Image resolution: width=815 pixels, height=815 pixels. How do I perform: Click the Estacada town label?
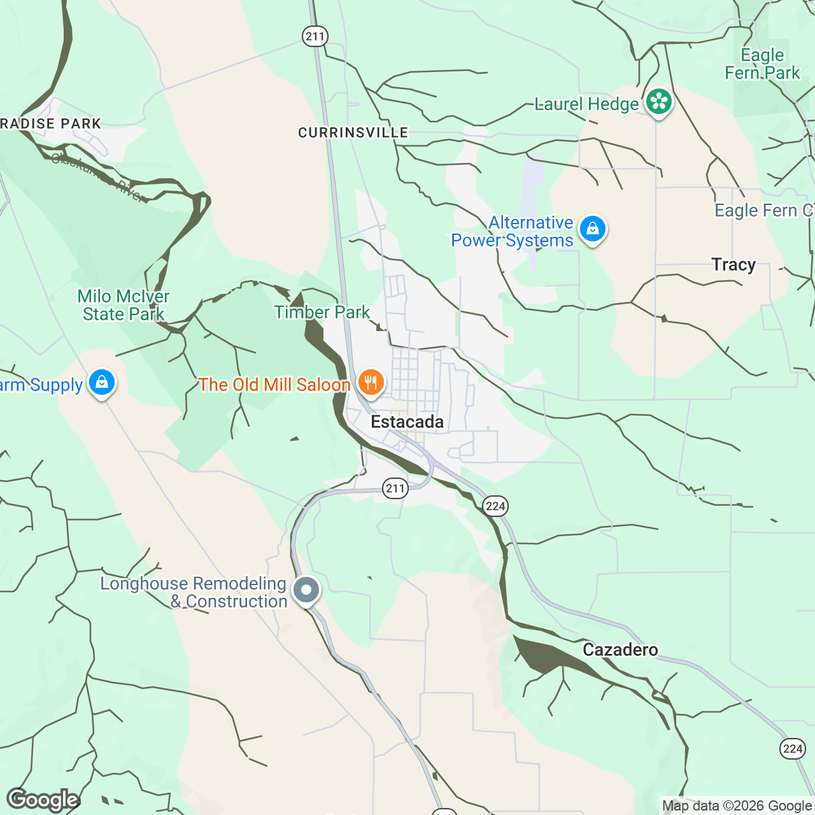click(x=407, y=422)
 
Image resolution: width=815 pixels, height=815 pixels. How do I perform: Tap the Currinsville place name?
click(x=353, y=132)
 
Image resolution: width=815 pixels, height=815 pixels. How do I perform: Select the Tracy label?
click(x=733, y=265)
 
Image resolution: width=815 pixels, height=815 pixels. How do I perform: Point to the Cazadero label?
click(x=620, y=650)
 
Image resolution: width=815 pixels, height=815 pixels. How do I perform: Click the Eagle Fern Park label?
click(x=762, y=64)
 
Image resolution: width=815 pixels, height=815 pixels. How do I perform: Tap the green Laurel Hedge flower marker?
click(x=658, y=102)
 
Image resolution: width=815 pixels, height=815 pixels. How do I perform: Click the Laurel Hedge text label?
click(x=586, y=104)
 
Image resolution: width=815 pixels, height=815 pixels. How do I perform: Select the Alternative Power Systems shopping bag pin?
click(x=592, y=228)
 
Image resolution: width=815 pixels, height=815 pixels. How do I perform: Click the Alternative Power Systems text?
click(x=513, y=232)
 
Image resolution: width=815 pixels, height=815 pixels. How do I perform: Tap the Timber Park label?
click(x=322, y=312)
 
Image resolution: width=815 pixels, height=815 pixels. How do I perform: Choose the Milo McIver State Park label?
click(x=124, y=306)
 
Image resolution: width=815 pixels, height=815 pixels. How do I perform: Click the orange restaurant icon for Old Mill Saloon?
click(x=370, y=383)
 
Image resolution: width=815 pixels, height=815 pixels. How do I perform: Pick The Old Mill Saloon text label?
click(x=274, y=385)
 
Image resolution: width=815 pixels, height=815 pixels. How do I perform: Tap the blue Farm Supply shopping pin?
click(x=102, y=383)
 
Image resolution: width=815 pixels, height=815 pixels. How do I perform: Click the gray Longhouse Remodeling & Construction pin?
click(x=306, y=590)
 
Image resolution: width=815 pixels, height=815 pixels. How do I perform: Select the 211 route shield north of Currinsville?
click(x=315, y=36)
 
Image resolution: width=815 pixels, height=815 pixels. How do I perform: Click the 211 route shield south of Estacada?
click(x=395, y=489)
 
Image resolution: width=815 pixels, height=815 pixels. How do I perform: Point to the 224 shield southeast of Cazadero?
click(x=792, y=749)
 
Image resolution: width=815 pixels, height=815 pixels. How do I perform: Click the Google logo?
click(x=43, y=800)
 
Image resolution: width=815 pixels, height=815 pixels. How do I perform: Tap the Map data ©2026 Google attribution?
click(x=737, y=806)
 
